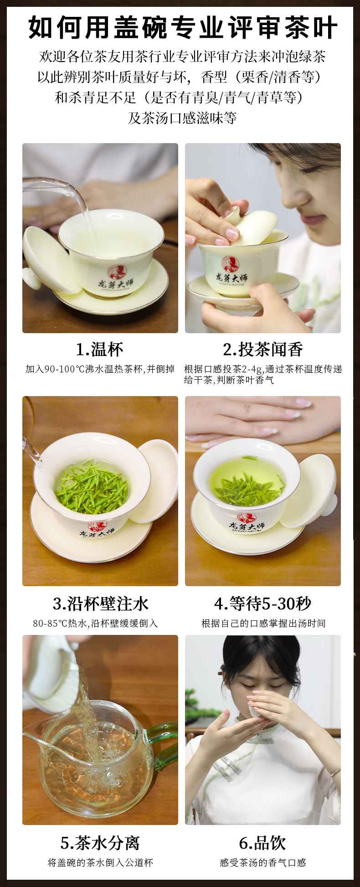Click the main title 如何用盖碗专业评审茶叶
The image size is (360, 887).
click(x=183, y=28)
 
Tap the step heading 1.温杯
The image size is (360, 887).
click(x=100, y=350)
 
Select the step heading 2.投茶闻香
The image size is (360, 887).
click(x=263, y=350)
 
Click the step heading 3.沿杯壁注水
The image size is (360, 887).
click(x=101, y=603)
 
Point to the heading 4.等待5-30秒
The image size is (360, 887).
click(x=263, y=603)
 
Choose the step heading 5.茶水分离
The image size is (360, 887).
click(x=100, y=843)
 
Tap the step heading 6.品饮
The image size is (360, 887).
click(x=263, y=843)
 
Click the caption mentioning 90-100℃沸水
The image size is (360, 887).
click(x=100, y=369)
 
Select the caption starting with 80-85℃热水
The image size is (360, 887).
click(x=95, y=623)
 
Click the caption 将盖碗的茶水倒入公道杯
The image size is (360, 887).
click(x=100, y=862)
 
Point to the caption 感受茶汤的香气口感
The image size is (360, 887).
click(x=263, y=862)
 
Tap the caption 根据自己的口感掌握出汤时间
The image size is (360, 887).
click(x=263, y=623)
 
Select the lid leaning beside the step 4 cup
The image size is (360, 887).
click(x=308, y=491)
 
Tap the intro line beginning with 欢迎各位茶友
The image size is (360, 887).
click(x=182, y=57)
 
